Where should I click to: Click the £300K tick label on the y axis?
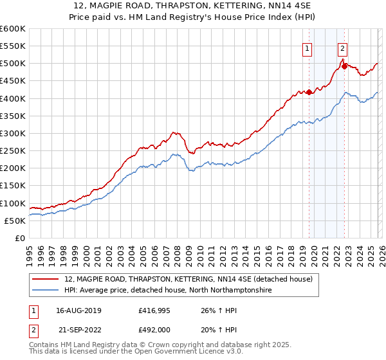(x=12, y=133)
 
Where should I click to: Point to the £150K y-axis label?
(x=12, y=186)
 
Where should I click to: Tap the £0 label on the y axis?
(x=19, y=239)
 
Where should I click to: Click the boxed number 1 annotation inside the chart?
(x=308, y=48)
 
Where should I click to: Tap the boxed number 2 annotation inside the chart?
(x=343, y=48)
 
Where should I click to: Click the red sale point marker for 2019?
(x=309, y=92)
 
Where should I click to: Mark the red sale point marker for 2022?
(x=344, y=66)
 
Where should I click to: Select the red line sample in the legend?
(x=46, y=279)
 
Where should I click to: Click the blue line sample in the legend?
(x=46, y=291)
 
